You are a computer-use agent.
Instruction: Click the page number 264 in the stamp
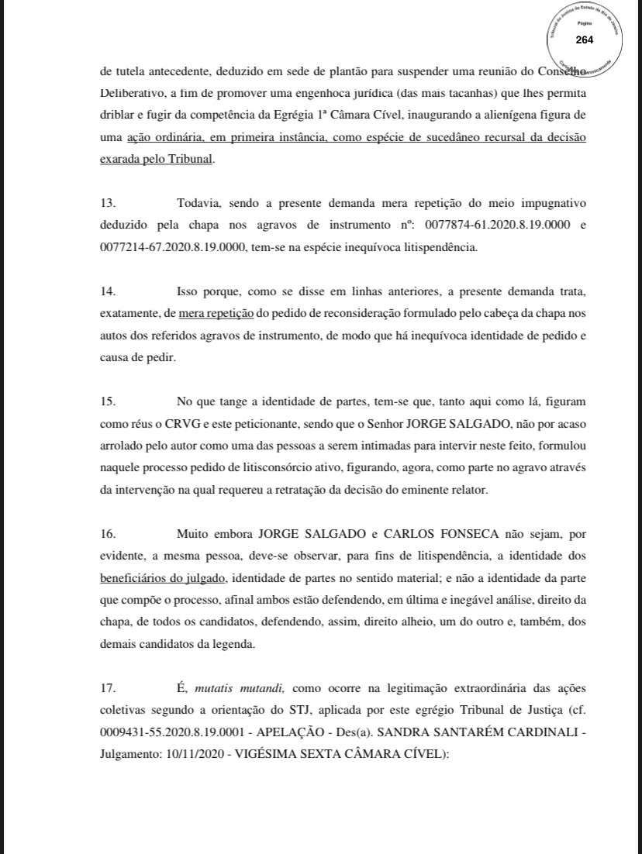point(584,40)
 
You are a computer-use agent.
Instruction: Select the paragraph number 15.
point(108,402)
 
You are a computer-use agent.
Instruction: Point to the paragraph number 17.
point(108,687)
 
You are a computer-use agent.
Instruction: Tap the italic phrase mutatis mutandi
point(240,687)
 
